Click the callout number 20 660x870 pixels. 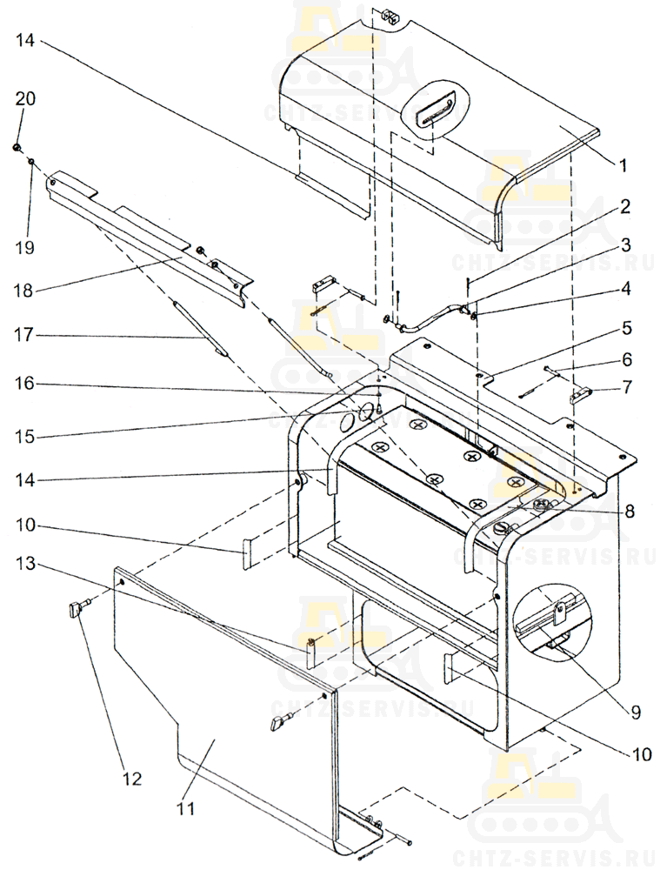(x=25, y=99)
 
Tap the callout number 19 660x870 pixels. (x=24, y=247)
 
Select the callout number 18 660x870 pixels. (x=23, y=291)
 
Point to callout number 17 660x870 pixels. (x=23, y=335)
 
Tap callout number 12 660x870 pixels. (x=132, y=779)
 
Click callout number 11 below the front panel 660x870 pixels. (x=186, y=808)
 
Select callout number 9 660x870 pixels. (x=635, y=712)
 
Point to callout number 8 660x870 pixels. (x=630, y=511)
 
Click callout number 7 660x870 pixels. (x=627, y=386)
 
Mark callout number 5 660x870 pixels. (x=627, y=327)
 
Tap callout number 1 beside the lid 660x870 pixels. (x=623, y=164)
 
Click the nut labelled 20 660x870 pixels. (x=17, y=147)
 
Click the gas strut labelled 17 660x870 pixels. (x=201, y=329)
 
